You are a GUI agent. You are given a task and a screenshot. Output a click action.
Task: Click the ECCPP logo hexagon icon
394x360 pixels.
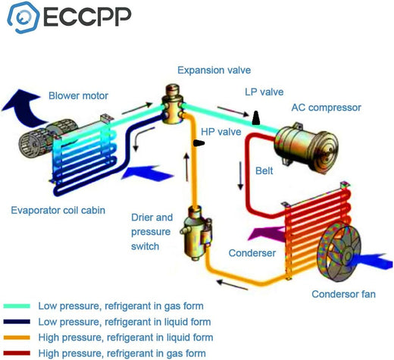23,17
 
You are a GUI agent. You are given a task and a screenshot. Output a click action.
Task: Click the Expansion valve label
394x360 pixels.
214,70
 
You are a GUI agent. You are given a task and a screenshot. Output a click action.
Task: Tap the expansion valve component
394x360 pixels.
173,105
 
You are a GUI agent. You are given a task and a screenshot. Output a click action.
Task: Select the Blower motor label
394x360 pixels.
78,95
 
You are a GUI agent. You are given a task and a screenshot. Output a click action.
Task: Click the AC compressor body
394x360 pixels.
306,148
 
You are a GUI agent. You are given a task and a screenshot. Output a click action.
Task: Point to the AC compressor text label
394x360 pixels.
326,108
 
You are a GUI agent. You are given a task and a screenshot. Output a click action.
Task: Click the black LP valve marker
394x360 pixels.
256,117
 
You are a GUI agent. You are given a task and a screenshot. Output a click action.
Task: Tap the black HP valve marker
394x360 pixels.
199,143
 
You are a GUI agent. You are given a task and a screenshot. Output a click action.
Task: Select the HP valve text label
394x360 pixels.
221,132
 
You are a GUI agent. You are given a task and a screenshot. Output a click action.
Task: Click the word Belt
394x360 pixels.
264,171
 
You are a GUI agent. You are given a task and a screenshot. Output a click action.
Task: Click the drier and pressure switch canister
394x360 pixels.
195,233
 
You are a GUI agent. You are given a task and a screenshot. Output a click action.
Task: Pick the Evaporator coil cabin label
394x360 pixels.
58,211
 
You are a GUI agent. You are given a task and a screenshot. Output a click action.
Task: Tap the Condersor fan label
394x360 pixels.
343,294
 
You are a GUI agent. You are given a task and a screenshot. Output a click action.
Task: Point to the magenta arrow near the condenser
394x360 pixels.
267,233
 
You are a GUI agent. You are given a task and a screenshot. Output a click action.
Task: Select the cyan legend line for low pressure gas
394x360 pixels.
17,306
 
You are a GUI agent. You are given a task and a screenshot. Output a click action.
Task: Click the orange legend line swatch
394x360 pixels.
17,337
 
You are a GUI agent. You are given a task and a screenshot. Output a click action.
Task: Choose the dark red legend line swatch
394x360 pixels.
17,353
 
